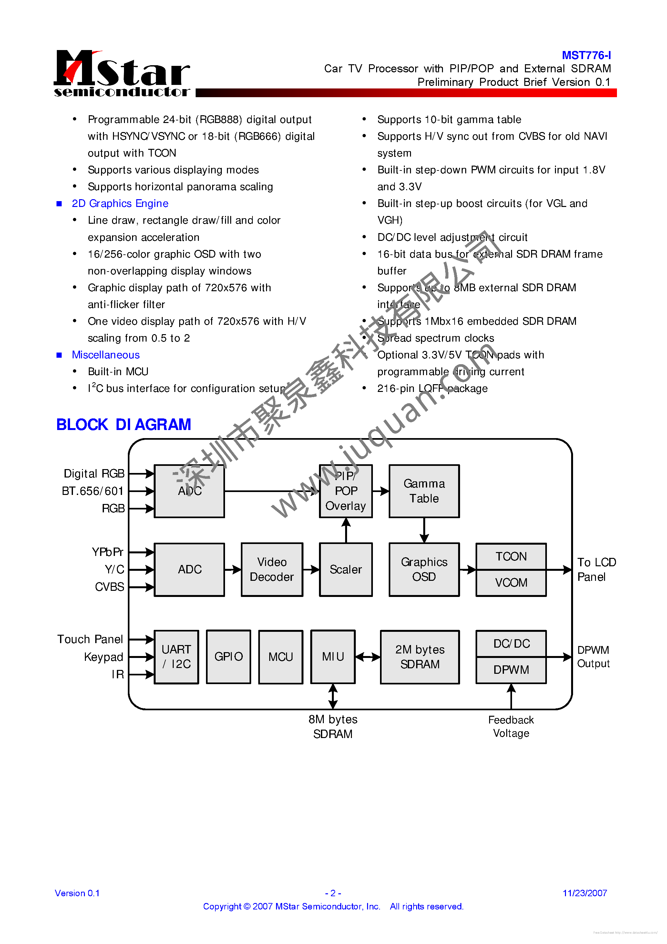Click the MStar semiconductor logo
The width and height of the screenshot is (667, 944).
click(x=122, y=73)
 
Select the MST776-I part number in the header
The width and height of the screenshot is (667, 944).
click(x=586, y=55)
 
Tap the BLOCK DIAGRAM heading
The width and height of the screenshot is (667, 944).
click(x=123, y=424)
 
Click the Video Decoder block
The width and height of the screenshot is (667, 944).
click(x=272, y=569)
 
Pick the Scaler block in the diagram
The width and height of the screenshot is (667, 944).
click(x=346, y=569)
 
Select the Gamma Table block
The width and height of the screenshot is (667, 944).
click(x=424, y=491)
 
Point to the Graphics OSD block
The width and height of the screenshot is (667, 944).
click(x=424, y=569)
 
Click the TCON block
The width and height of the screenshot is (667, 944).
click(x=511, y=556)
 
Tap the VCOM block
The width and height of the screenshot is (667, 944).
click(x=511, y=583)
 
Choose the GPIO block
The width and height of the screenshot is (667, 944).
click(x=228, y=657)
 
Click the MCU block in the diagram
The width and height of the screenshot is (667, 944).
click(x=281, y=657)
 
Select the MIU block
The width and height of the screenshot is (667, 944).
click(x=333, y=657)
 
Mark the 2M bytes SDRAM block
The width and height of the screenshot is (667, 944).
click(x=420, y=657)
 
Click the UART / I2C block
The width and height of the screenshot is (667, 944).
click(x=176, y=657)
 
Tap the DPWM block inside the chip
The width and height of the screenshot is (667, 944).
click(x=511, y=670)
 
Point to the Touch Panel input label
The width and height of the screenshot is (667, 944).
click(x=90, y=639)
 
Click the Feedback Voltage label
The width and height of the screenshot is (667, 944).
click(x=511, y=726)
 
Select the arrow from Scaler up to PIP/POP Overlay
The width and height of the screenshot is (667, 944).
click(x=346, y=530)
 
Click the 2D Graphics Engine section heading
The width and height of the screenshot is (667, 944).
click(x=120, y=203)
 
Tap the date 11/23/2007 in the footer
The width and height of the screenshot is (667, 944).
click(x=584, y=893)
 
